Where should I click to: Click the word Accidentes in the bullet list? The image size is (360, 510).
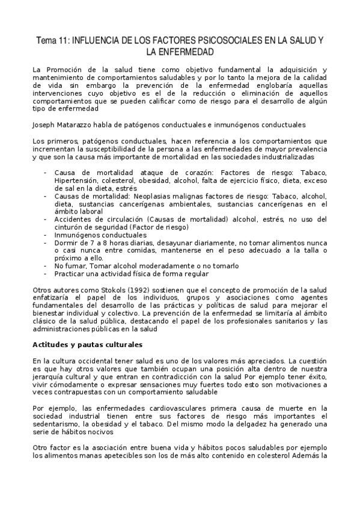click(x=73, y=219)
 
